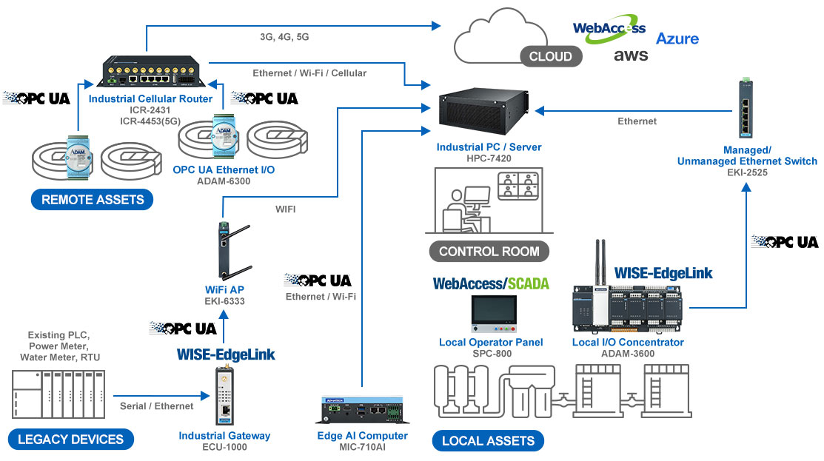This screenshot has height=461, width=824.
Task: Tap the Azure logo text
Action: (x=677, y=38)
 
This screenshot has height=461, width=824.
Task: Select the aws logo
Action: (x=630, y=55)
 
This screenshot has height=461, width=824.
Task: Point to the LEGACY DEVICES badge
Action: (x=71, y=439)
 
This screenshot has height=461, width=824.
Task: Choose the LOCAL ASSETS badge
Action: (x=488, y=440)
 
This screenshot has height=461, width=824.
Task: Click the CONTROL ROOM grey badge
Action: (x=489, y=251)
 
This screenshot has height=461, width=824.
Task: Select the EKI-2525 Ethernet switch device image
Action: (x=747, y=110)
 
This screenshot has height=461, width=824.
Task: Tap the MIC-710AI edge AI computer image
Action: (x=361, y=410)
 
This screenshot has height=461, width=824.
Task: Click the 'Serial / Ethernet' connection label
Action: (x=156, y=406)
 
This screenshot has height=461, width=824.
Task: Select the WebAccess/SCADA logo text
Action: (x=491, y=283)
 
